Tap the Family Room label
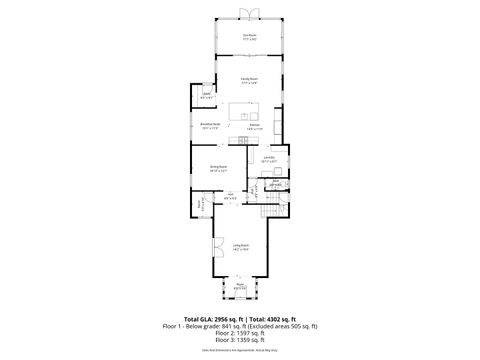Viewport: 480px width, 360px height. click(x=249, y=79)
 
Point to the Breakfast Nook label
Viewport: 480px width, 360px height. click(x=210, y=126)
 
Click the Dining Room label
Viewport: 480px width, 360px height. click(x=218, y=168)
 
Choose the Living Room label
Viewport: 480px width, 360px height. click(x=241, y=245)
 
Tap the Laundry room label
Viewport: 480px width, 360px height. click(x=269, y=158)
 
